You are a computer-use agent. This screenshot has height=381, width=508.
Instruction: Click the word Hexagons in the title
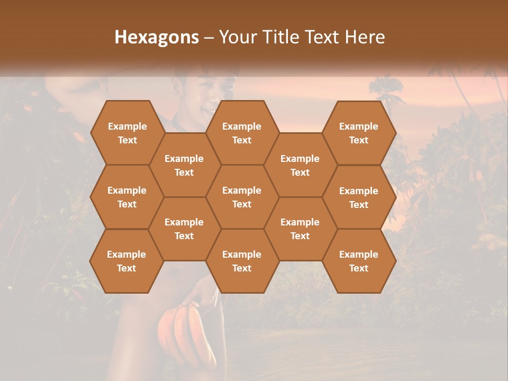tap(157, 37)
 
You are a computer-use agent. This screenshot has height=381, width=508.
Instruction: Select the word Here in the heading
tap(365, 37)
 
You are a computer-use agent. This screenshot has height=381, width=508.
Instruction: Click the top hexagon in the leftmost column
tap(127, 133)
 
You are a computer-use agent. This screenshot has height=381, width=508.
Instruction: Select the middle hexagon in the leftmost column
tap(127, 197)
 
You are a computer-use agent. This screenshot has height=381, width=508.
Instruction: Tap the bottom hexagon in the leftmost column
tap(126, 261)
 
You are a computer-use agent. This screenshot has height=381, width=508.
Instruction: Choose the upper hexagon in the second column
tap(184, 165)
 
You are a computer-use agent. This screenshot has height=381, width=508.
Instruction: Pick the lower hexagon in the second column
tap(184, 229)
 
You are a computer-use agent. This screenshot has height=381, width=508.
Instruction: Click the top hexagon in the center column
tap(242, 133)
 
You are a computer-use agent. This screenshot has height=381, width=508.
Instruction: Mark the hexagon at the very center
tap(242, 197)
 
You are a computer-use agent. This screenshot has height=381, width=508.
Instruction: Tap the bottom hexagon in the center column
tap(242, 261)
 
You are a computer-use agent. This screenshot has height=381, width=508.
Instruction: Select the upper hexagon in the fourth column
tap(300, 165)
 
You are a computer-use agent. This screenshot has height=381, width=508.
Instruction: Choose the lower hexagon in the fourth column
tap(300, 229)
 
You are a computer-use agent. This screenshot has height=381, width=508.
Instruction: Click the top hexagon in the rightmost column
tap(359, 133)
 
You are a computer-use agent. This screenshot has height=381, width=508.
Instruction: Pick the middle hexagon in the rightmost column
tap(359, 197)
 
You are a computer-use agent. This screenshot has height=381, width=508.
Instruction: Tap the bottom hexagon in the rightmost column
tap(359, 261)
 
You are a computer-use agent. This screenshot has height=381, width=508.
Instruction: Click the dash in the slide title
tap(209, 38)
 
